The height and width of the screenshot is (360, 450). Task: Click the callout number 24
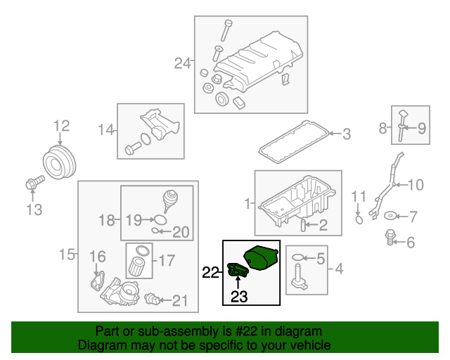pyautogui.click(x=182, y=64)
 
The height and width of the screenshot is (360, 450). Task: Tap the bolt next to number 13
pyautogui.click(x=31, y=184)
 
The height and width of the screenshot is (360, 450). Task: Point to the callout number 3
pyautogui.click(x=346, y=132)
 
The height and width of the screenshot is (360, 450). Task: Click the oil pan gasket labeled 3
pyautogui.click(x=292, y=141)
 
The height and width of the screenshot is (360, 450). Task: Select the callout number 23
pyautogui.click(x=240, y=297)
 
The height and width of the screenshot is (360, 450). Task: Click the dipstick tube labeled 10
pyautogui.click(x=385, y=186)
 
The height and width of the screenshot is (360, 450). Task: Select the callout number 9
pyautogui.click(x=422, y=128)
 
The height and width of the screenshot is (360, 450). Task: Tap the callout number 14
pyautogui.click(x=105, y=129)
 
